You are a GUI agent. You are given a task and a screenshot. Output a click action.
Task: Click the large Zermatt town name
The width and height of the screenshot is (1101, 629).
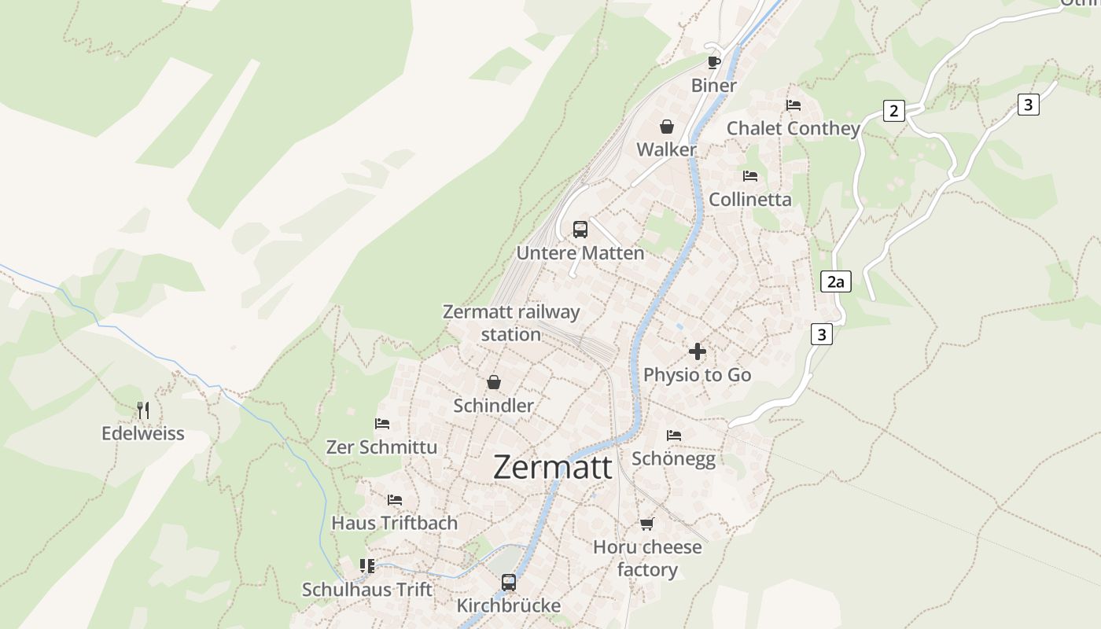(552, 468)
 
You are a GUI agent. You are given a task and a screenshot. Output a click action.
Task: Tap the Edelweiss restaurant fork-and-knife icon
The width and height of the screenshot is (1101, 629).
(142, 410)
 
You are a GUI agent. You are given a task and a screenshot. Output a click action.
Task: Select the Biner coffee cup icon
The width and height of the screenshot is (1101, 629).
(713, 63)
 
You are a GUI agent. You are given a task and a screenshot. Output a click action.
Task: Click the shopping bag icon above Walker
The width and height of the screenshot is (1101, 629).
(666, 127)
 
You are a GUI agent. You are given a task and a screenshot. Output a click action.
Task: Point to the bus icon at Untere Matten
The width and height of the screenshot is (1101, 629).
(580, 230)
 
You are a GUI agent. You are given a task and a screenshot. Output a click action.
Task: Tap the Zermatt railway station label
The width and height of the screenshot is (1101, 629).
(511, 322)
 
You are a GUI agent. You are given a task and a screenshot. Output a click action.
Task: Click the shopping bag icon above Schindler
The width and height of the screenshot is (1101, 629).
(493, 383)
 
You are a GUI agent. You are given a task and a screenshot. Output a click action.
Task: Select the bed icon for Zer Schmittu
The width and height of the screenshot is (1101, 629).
(382, 424)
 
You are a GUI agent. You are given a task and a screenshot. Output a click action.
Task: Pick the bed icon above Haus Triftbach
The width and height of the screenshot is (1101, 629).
(394, 500)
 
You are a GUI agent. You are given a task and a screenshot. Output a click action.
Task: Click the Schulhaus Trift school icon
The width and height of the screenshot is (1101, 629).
(366, 566)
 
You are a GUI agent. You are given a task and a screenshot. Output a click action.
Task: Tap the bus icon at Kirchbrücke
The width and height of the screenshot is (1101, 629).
(509, 583)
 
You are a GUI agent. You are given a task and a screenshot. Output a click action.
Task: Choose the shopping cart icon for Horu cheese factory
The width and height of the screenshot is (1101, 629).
(646, 524)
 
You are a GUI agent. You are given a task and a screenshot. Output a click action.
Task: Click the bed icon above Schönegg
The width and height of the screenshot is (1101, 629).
(673, 435)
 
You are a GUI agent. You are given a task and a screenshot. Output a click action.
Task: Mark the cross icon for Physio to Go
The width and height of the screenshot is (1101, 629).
(697, 351)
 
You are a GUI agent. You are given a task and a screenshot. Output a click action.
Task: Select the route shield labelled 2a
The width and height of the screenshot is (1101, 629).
(835, 281)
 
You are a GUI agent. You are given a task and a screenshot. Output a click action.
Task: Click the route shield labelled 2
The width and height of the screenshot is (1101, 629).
(893, 111)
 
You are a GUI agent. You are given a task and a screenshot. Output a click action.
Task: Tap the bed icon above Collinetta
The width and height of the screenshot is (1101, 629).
(749, 176)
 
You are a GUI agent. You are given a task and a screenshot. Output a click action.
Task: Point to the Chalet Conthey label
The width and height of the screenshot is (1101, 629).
(793, 128)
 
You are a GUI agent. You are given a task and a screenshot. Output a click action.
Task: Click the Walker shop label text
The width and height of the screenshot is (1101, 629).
(666, 149)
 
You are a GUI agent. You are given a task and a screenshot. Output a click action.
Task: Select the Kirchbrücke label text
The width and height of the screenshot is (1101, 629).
(509, 605)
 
